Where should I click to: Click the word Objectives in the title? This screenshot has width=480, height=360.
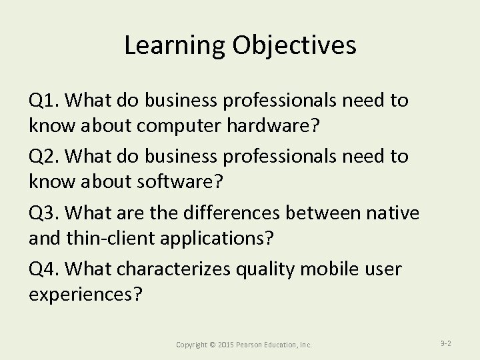click(x=294, y=45)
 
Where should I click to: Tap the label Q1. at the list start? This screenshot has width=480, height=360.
click(x=45, y=101)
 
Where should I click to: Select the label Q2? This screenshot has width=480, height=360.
click(x=45, y=156)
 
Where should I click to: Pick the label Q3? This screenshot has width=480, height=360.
click(x=45, y=213)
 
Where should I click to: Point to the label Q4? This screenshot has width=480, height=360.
click(x=45, y=269)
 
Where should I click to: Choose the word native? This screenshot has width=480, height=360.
click(x=394, y=213)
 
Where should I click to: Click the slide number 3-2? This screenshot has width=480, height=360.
click(x=446, y=343)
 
